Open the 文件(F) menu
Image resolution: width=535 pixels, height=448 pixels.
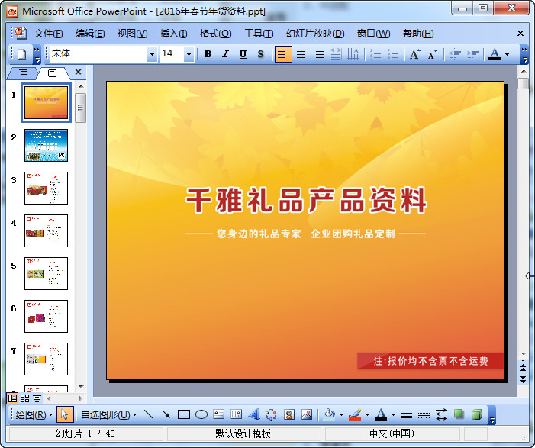point(48,34)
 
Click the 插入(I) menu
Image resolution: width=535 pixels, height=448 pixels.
point(173,34)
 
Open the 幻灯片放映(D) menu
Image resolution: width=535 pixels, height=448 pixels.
point(315,34)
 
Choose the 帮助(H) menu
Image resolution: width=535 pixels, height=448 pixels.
point(418,34)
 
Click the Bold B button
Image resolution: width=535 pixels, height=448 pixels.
point(208,54)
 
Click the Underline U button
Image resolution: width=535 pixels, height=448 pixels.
point(243,54)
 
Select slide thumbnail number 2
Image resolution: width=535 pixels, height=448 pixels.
point(46,145)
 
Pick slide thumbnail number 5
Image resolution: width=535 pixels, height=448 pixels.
point(46,273)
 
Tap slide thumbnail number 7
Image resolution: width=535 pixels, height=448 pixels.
point(46,359)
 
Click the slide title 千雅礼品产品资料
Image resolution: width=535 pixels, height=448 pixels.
point(306,200)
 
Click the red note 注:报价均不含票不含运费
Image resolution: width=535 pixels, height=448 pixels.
point(430,361)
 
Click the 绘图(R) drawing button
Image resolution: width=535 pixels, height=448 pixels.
point(34,414)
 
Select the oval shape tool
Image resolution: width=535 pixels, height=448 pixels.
point(201,414)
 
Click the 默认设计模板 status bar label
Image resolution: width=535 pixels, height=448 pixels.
point(243,433)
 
